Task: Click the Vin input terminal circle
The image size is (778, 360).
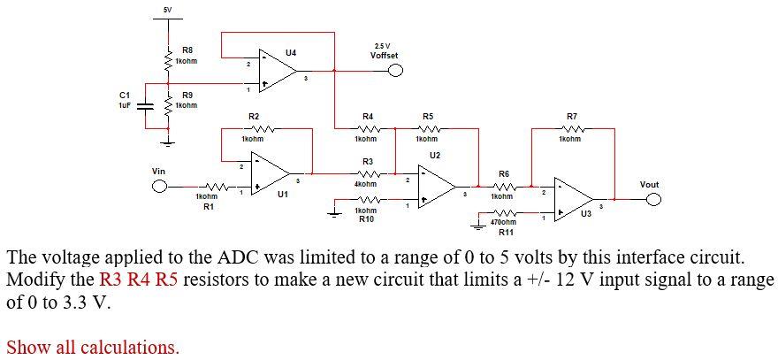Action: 159,187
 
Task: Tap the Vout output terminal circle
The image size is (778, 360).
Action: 653,199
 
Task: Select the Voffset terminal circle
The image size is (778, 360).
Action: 395,71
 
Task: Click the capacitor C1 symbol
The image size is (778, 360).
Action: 145,107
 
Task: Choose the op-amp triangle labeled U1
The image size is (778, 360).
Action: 271,173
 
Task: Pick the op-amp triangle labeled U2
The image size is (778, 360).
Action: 437,187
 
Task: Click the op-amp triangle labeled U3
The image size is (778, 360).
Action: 574,199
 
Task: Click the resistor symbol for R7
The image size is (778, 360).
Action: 572,128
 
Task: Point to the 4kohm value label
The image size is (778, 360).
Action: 366,184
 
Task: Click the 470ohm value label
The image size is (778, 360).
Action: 504,222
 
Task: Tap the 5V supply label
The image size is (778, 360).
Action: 168,9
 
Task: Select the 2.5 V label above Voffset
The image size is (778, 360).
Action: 382,46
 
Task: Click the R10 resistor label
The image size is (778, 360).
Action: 366,218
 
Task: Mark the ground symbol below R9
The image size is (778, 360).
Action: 169,143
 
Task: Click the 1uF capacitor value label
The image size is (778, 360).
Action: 124,105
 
